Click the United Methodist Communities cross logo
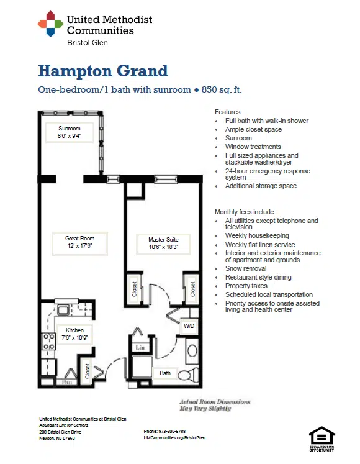pyautogui.click(x=50, y=24)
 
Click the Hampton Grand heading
pyautogui.click(x=103, y=71)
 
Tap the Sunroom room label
pyautogui.click(x=70, y=132)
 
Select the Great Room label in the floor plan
pyautogui.click(x=80, y=242)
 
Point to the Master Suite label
pyautogui.click(x=164, y=243)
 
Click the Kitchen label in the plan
pyautogui.click(x=74, y=334)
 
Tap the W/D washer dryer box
pyautogui.click(x=189, y=326)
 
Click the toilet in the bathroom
pyautogui.click(x=189, y=374)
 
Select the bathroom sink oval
pyautogui.click(x=192, y=351)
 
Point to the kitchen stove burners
pyautogui.click(x=49, y=342)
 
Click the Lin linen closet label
pyautogui.click(x=140, y=347)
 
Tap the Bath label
pyautogui.click(x=165, y=373)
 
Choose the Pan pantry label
pyautogui.click(x=67, y=382)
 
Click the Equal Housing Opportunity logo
pyautogui.click(x=322, y=439)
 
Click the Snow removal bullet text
pyautogui.click(x=246, y=268)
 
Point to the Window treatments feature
pyautogui.click(x=253, y=147)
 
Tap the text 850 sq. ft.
pyautogui.click(x=222, y=89)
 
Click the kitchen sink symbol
pyautogui.click(x=63, y=310)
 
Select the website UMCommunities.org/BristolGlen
pyautogui.click(x=174, y=438)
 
